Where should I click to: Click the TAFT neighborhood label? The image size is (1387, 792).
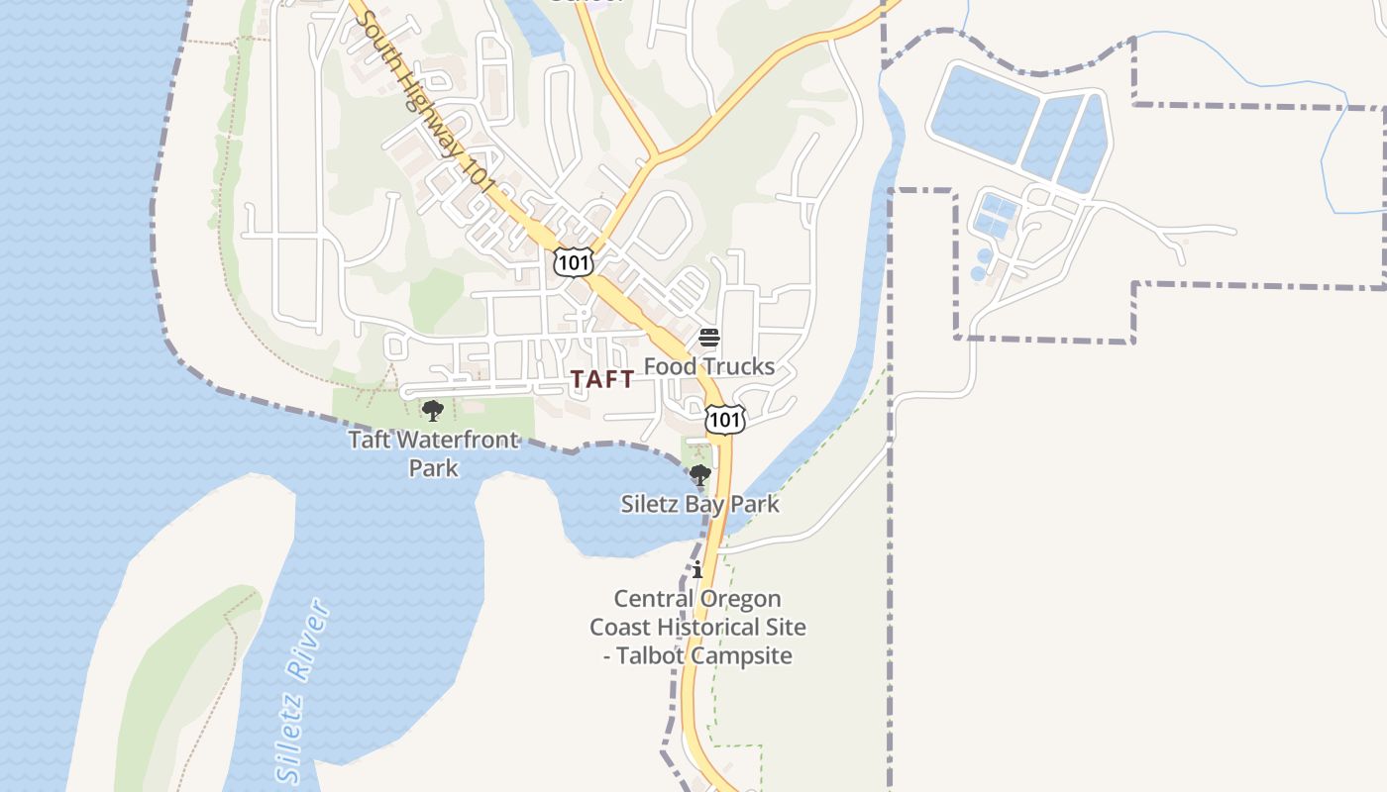click(x=602, y=379)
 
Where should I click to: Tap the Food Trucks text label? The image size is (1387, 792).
click(x=709, y=366)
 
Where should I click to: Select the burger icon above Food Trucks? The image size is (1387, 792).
click(x=709, y=338)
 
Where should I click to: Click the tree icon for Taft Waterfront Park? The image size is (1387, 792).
click(x=432, y=410)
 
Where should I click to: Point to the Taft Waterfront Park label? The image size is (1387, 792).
click(x=434, y=452)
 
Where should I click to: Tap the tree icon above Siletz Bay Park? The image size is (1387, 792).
click(x=700, y=475)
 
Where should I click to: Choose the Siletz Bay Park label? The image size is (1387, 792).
click(x=700, y=504)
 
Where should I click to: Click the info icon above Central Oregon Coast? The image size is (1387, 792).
click(x=697, y=569)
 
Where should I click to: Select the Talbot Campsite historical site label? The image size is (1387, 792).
click(x=697, y=627)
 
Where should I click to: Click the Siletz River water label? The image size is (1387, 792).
click(x=302, y=690)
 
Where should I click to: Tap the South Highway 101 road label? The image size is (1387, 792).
click(x=423, y=99)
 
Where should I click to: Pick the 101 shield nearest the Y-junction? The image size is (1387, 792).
click(x=574, y=262)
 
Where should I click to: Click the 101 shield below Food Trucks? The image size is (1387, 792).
click(x=725, y=419)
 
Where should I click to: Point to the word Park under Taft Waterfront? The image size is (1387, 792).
click(x=434, y=466)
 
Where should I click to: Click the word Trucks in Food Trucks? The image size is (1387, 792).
click(x=736, y=366)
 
